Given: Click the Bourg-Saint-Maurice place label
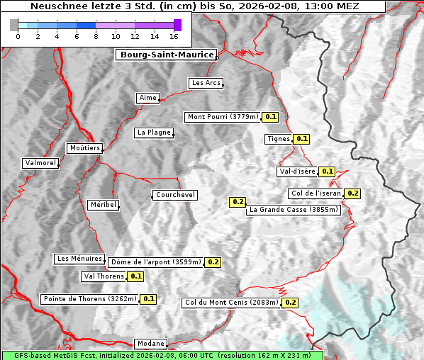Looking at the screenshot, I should (x=167, y=55).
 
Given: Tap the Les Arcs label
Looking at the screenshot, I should (x=206, y=83).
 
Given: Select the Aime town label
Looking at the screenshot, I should (x=148, y=98).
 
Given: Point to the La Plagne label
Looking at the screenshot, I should (x=154, y=133).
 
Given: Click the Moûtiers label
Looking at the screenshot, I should (x=84, y=148).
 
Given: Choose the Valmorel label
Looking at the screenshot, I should (x=40, y=163).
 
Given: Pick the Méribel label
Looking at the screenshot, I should (x=103, y=205).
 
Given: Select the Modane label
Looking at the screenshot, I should (x=150, y=344).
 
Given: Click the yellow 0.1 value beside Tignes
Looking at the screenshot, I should (x=302, y=139).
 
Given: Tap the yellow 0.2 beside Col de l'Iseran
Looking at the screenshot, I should (x=352, y=193).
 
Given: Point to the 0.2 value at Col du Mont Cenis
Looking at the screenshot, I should (x=290, y=303).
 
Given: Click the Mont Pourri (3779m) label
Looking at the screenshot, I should (x=223, y=117).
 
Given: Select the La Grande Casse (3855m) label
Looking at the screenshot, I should (x=294, y=210).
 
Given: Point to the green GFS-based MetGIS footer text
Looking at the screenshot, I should (x=162, y=355).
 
